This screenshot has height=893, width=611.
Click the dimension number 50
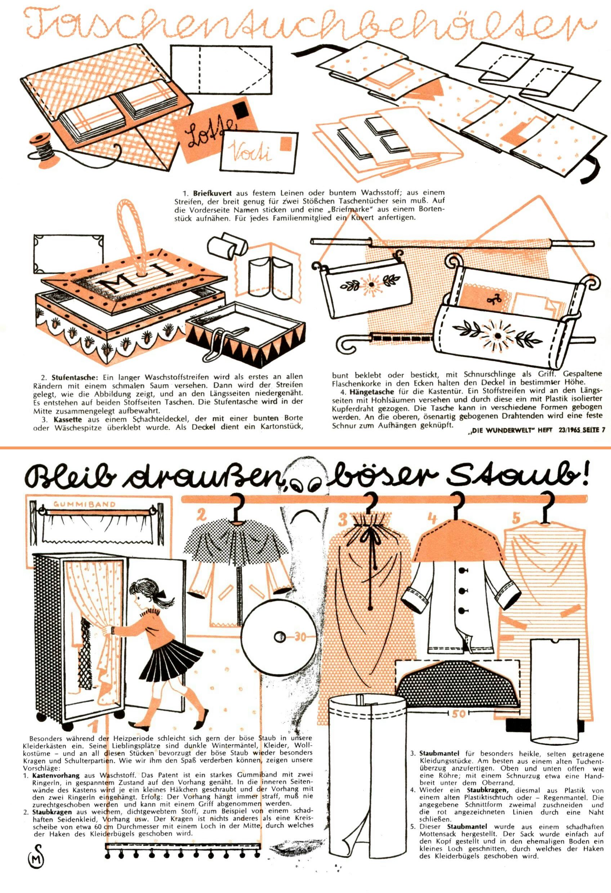point(458,714)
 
